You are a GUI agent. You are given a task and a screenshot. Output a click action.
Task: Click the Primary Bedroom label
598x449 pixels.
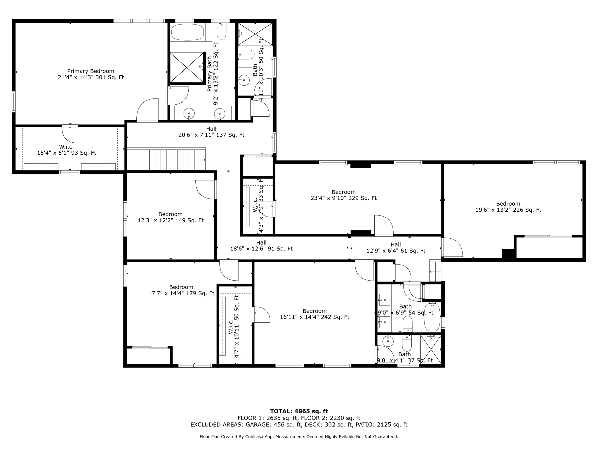(x=91, y=74)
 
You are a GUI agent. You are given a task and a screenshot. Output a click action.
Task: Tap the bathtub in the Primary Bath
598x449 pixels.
(x=187, y=32)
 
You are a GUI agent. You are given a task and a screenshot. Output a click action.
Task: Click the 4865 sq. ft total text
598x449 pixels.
(x=299, y=411)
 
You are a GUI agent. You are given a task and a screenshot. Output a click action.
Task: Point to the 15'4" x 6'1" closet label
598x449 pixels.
(x=67, y=150)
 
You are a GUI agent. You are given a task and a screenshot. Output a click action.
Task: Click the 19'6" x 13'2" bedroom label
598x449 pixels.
(x=508, y=207)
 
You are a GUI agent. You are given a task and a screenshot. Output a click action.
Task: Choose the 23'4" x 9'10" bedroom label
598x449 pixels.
(x=343, y=195)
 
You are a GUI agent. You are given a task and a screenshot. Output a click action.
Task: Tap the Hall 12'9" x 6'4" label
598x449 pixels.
(x=396, y=248)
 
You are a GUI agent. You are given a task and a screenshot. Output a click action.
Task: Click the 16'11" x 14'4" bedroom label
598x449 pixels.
(x=314, y=314)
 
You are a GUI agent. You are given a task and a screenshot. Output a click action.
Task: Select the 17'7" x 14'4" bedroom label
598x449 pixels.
(x=181, y=290)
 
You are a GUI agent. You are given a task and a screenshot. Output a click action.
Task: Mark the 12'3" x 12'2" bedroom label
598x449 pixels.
(x=171, y=217)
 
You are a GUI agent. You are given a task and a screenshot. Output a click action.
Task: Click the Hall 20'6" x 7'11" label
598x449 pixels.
(x=211, y=132)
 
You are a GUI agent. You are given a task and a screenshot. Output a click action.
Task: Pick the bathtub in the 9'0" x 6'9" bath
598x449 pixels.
(x=432, y=317)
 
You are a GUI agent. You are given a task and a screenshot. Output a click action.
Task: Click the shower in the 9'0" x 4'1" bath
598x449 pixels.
(x=431, y=349)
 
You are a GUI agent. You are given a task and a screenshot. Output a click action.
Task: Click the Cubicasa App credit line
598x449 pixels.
(x=299, y=437)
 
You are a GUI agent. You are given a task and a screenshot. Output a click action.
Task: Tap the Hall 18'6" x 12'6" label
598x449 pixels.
(x=261, y=246)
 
